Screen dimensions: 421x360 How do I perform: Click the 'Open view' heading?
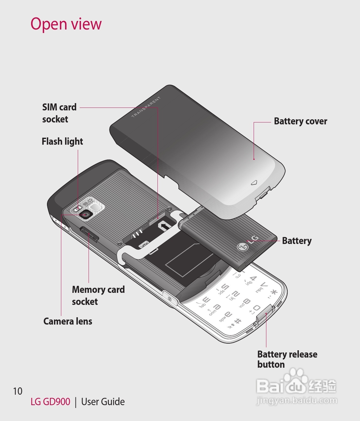click(66, 24)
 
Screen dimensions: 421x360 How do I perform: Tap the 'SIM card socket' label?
click(59, 113)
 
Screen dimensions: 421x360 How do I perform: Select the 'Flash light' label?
click(62, 141)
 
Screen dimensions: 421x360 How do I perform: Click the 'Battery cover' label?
click(300, 121)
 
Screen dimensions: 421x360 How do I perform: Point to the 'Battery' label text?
click(297, 241)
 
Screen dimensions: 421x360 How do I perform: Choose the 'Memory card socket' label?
click(98, 295)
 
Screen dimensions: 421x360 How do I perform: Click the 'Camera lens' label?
click(68, 321)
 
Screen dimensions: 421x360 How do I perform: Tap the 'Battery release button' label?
click(287, 359)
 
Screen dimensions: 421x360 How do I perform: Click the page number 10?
click(18, 391)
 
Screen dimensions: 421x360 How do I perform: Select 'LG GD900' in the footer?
click(50, 402)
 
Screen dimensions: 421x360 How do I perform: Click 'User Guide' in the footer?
click(103, 402)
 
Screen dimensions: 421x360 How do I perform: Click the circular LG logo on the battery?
click(243, 247)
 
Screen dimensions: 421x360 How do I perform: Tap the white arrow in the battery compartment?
click(165, 226)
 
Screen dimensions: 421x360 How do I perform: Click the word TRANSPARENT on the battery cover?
click(146, 107)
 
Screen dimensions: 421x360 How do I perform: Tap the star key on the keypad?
click(273, 293)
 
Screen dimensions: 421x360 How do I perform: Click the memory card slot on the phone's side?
click(90, 234)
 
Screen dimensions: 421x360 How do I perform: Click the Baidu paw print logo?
click(296, 378)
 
